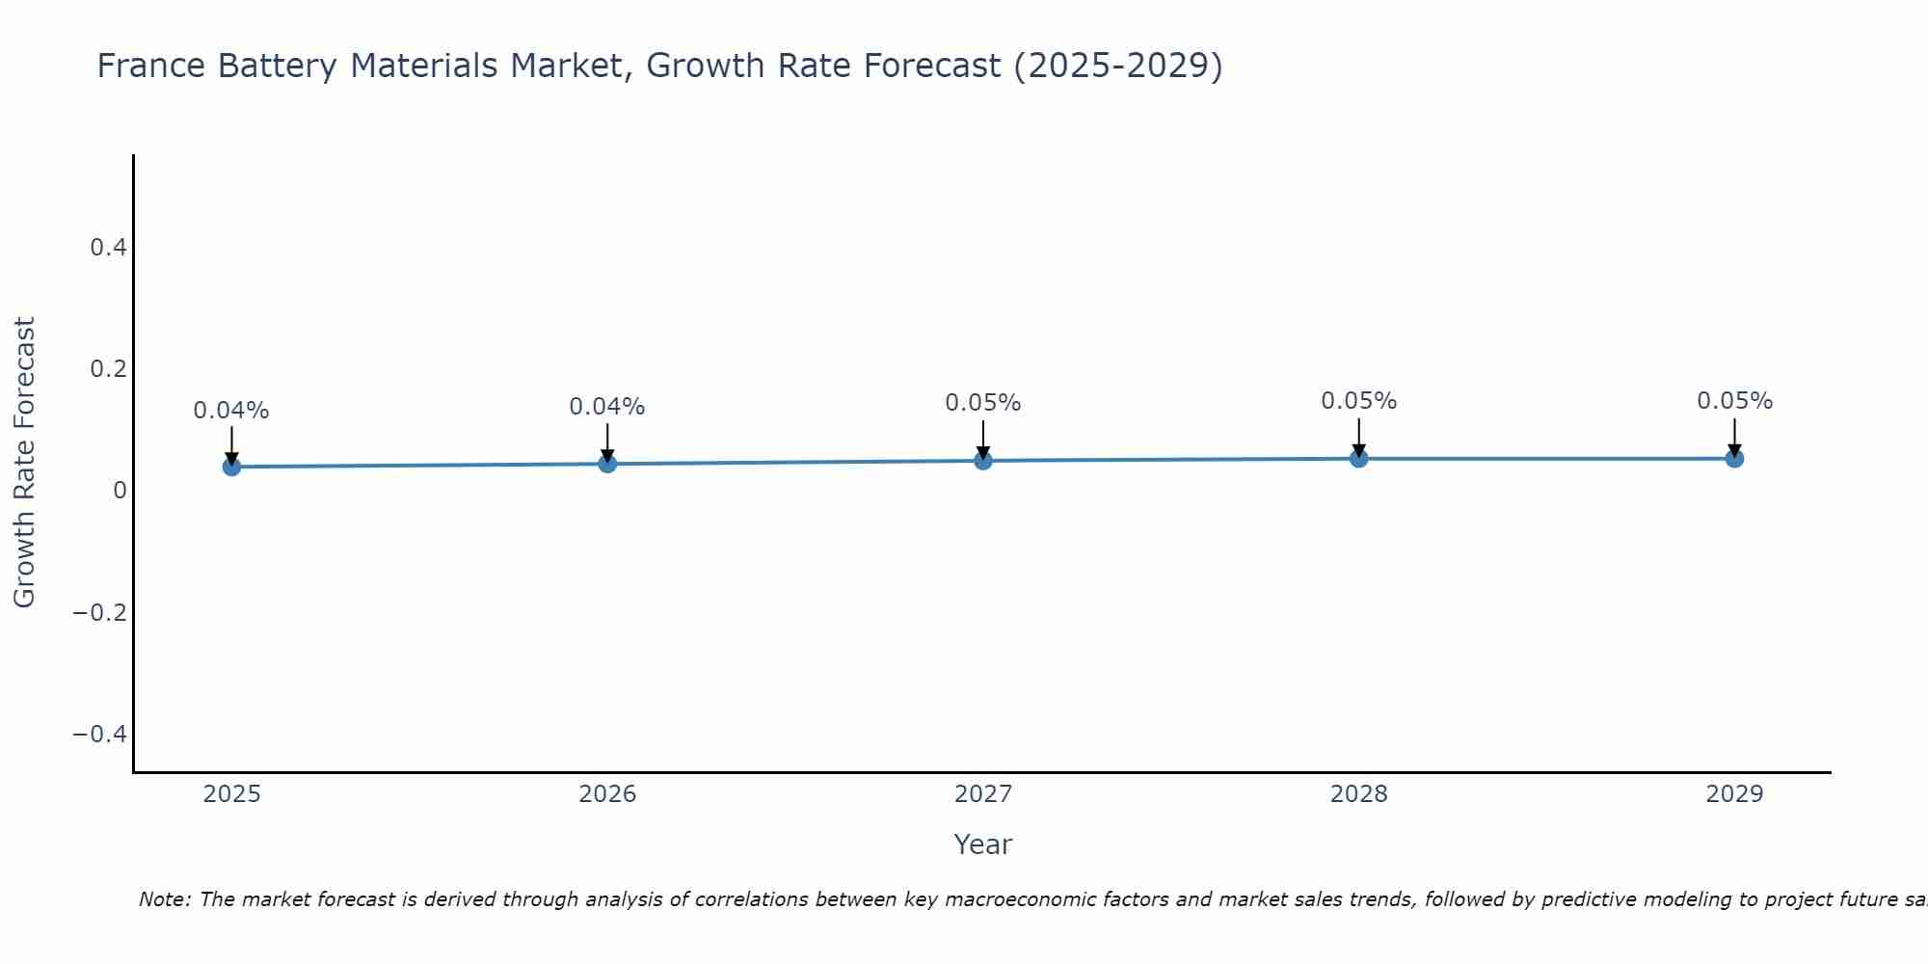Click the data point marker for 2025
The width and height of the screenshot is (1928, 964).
231,467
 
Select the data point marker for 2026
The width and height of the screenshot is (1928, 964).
607,464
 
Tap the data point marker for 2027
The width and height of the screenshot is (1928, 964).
983,461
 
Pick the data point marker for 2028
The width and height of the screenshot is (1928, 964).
1358,458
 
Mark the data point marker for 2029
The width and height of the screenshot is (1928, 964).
1734,458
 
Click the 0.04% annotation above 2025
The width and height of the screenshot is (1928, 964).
231,411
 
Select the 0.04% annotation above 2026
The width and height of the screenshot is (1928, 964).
607,407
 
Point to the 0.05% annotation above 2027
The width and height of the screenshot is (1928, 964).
983,403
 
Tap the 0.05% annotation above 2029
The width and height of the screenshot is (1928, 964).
1734,401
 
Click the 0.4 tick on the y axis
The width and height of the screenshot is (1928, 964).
108,248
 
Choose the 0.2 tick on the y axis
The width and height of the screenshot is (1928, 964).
108,369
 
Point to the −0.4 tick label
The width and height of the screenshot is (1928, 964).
100,735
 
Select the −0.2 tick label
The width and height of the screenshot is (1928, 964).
100,613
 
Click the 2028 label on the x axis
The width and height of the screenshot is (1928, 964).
1358,794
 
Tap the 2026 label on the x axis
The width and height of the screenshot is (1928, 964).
607,794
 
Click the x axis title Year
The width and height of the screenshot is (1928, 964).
982,844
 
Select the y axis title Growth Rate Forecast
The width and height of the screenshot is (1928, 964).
24,463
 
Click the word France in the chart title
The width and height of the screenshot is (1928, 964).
151,67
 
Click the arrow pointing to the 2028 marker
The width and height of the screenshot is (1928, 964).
1358,437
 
